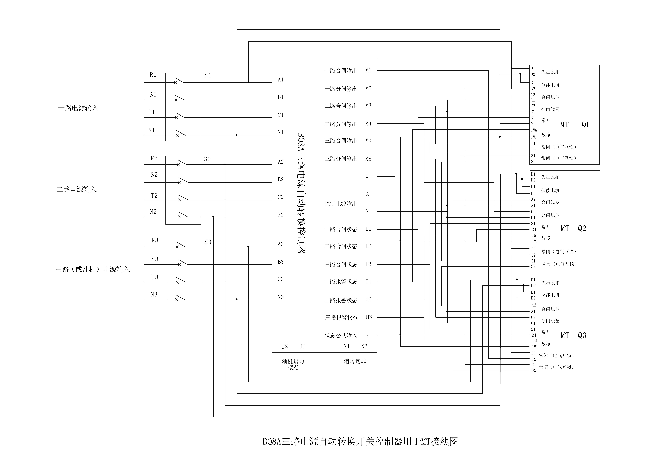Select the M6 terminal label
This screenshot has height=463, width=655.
[368, 159]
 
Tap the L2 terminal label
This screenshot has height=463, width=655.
[368, 246]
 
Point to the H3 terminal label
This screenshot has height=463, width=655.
[369, 317]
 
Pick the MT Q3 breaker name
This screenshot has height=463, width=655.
[573, 335]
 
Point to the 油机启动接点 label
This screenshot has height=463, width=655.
[293, 364]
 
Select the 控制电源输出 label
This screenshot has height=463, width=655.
[341, 204]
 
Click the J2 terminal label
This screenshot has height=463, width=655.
[285, 346]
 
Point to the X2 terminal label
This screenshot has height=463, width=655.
[364, 346]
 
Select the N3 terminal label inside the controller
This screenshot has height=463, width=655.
[281, 297]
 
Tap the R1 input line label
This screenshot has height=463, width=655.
[153, 75]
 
